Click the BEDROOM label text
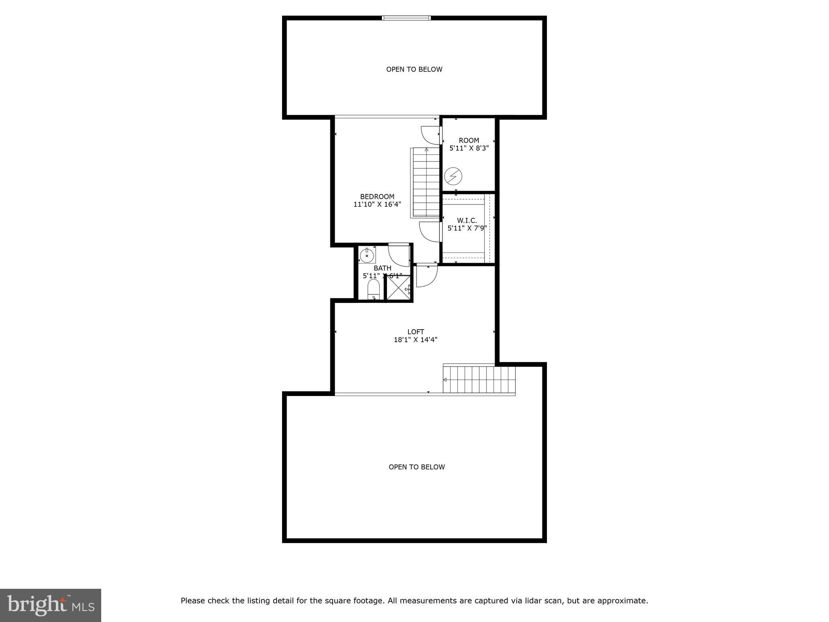[x=377, y=197]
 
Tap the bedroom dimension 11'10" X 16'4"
[x=377, y=204]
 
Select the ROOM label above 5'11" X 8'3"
[x=469, y=141]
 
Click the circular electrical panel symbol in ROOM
[x=453, y=176]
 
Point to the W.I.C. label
[x=467, y=220]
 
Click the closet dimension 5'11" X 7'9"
[x=467, y=228]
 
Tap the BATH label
[x=382, y=268]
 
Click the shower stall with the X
[x=398, y=288]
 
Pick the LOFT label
[x=416, y=332]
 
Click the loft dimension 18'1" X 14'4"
[x=416, y=340]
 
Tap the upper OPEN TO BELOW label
[x=414, y=69]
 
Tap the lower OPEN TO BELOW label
[x=417, y=467]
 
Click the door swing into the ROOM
[x=431, y=135]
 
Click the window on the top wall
[x=406, y=18]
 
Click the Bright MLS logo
[x=51, y=605]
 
